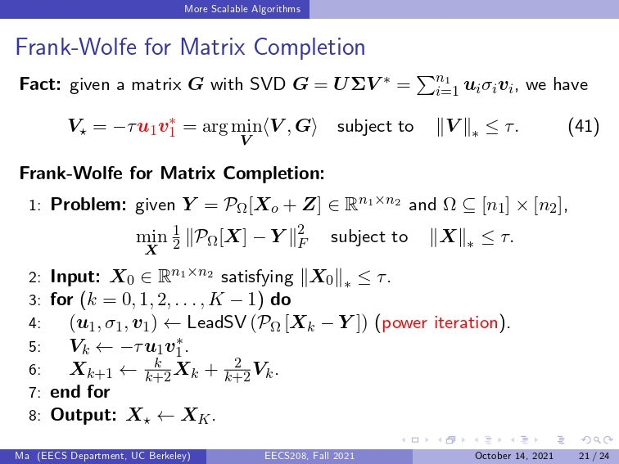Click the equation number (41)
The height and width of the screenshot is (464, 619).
(x=584, y=127)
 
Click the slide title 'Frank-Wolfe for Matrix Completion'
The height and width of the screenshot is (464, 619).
(x=190, y=47)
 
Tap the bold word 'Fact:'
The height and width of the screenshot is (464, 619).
(x=40, y=84)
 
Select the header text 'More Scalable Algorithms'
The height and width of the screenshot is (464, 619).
(x=242, y=9)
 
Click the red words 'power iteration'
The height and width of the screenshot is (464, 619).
(x=440, y=322)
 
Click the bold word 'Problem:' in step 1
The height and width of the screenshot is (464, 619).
(x=88, y=205)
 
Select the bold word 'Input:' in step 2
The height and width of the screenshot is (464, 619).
(x=75, y=277)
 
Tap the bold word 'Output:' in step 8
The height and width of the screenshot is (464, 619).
(x=84, y=415)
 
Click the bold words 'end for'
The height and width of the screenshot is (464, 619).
(x=80, y=392)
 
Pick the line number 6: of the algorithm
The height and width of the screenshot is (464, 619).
(x=34, y=370)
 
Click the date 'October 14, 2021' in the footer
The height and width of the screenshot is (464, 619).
(x=514, y=456)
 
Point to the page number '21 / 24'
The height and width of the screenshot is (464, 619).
(x=594, y=456)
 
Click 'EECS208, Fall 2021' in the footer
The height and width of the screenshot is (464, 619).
(x=309, y=456)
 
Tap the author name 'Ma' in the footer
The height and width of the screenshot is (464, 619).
(x=22, y=456)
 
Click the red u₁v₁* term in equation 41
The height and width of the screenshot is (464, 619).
(x=156, y=127)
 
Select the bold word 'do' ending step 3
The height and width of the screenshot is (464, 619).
(x=281, y=300)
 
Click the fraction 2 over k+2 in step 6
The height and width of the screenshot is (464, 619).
(x=237, y=370)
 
